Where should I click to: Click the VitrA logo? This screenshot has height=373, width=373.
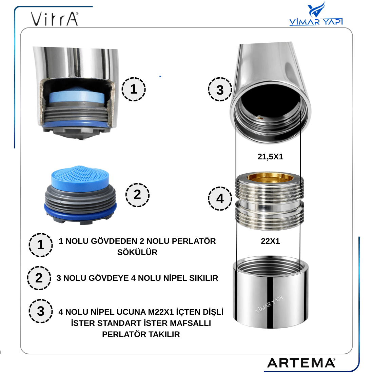[x=55, y=19]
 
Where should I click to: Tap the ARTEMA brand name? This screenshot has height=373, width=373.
[x=301, y=363]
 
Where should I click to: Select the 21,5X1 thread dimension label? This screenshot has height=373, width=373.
[x=270, y=157]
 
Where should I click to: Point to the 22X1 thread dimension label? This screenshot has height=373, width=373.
[x=270, y=241]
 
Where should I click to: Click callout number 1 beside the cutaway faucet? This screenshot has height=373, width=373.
[x=134, y=89]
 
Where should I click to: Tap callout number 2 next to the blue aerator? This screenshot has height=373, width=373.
[x=137, y=195]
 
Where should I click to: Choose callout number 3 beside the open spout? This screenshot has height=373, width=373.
[x=220, y=89]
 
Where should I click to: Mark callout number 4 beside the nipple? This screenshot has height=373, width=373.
[x=220, y=198]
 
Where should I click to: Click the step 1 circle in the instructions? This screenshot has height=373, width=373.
[x=41, y=245]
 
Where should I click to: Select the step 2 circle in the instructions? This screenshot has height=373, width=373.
[x=39, y=278]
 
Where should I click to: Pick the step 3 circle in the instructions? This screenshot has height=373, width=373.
[x=41, y=311]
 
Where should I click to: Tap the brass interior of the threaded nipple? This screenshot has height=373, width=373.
[x=270, y=178]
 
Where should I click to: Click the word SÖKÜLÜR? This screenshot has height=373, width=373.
[x=137, y=252]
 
